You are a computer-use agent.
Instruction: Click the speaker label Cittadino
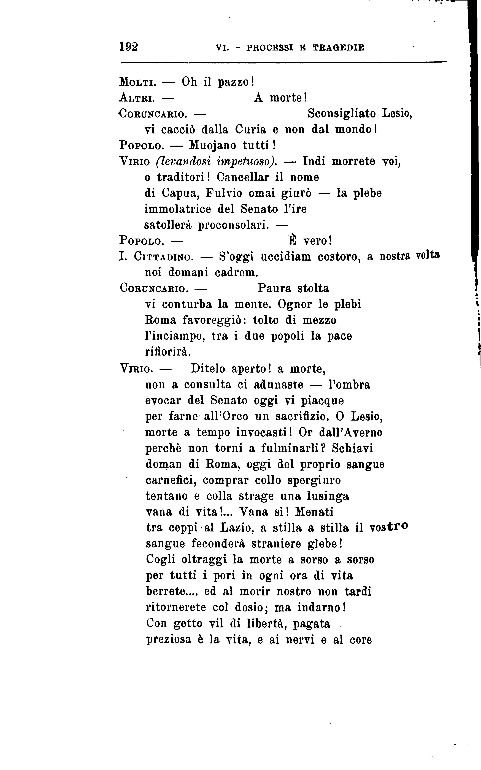(164, 256)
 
